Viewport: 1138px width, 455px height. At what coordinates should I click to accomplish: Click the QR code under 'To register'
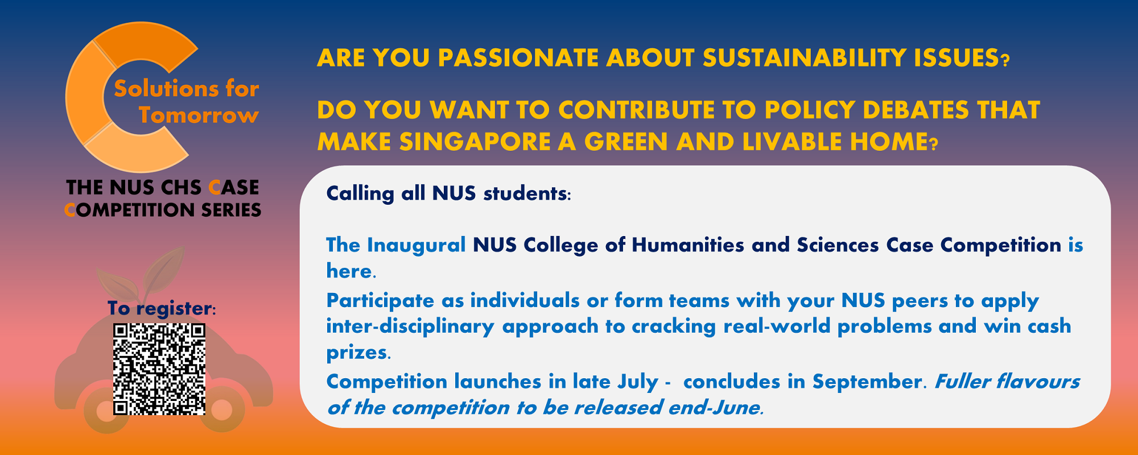159,369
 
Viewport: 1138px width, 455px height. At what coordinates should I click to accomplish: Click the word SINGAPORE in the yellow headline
475,142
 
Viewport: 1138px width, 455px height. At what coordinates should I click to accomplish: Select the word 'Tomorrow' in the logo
199,115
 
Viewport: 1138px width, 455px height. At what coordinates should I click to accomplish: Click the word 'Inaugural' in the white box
417,245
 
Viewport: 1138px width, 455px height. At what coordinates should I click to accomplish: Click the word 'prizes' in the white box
357,353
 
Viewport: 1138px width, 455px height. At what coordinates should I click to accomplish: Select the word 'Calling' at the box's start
360,193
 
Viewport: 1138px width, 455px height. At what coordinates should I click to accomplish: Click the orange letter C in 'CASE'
215,188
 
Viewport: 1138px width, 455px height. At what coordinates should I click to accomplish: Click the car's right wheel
222,409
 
